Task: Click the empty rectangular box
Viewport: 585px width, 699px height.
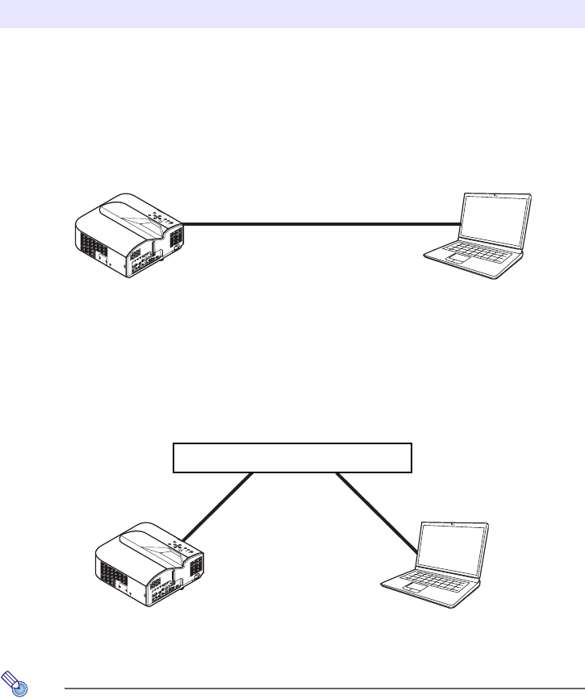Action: (292, 457)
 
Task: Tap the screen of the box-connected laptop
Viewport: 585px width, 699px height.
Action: (453, 546)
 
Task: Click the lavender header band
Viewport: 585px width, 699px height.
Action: (292, 14)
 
